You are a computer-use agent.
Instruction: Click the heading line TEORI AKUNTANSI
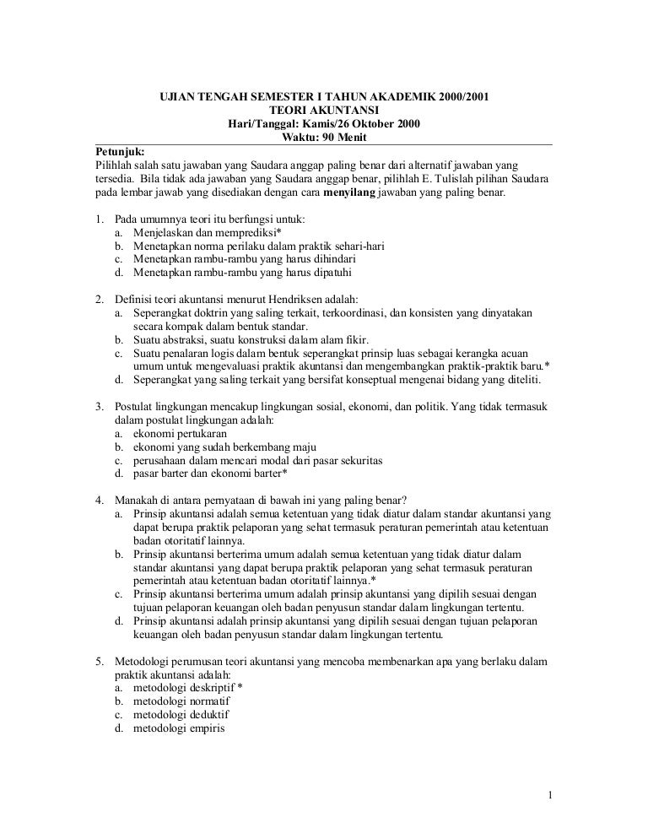click(x=324, y=110)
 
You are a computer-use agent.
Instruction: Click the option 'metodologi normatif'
click(x=181, y=701)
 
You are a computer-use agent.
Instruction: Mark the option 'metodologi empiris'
click(x=178, y=728)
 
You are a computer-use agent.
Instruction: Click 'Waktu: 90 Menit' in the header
click(x=324, y=138)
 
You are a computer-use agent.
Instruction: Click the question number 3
click(x=98, y=406)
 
